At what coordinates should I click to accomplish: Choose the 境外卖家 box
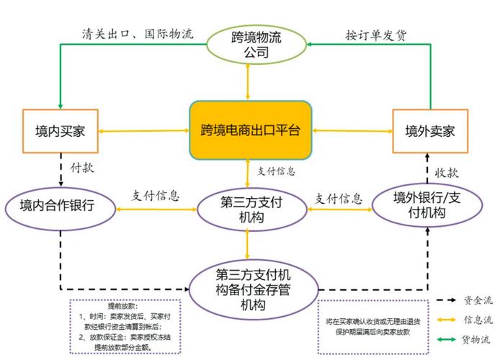pos(430,131)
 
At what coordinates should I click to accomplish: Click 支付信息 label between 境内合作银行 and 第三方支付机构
pos(155,195)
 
